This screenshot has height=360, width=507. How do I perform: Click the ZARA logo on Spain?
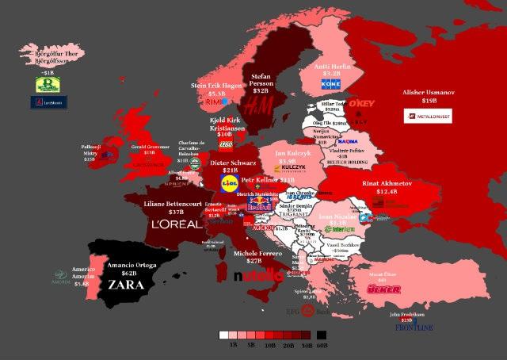126,284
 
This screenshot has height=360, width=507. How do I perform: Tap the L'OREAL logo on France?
177,224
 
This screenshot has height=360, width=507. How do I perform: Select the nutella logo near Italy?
258,276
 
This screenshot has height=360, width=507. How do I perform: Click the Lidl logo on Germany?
229,182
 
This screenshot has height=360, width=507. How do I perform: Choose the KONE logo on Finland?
330,84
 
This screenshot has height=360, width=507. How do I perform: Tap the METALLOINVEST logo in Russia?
429,117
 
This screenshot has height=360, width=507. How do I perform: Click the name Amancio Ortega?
131,264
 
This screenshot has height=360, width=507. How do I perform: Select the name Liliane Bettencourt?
177,204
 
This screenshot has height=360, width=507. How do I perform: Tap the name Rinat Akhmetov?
388,182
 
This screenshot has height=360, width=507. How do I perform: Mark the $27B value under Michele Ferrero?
253,261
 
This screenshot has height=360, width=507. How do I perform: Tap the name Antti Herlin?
333,65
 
